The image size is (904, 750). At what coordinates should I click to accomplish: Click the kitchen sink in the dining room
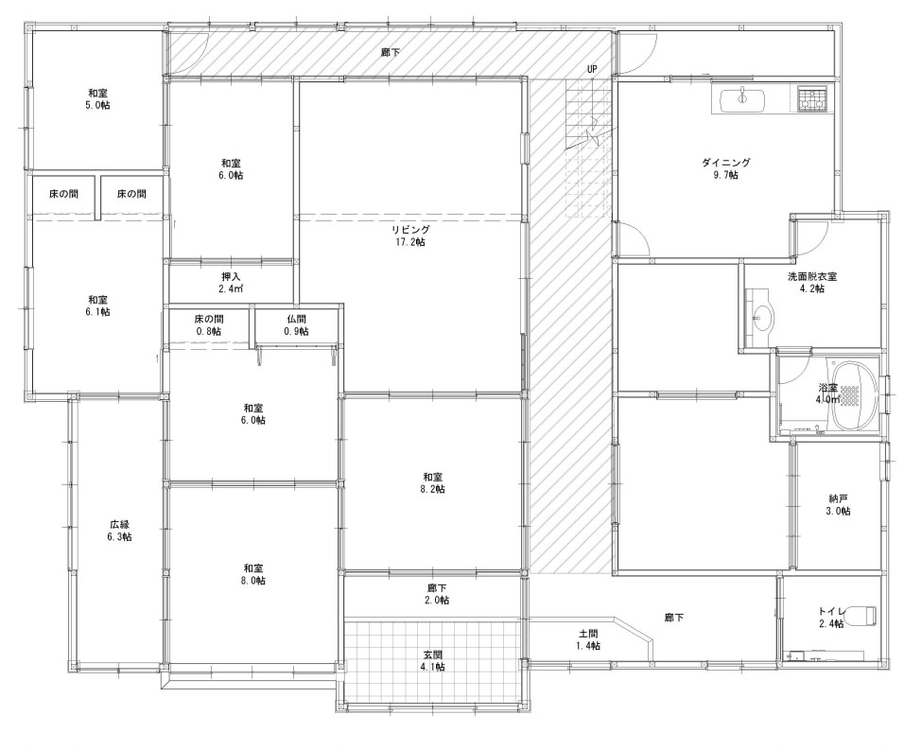(x=742, y=100)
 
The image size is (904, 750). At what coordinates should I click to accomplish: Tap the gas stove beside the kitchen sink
(x=813, y=98)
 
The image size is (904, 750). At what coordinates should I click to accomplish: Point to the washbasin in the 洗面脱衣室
(x=760, y=318)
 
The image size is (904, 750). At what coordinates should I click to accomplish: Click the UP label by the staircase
(x=592, y=69)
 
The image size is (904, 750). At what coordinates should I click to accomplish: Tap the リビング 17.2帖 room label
(x=410, y=235)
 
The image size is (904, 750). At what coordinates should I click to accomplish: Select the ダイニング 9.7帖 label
(x=726, y=169)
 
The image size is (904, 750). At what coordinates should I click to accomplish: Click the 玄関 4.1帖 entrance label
(x=433, y=661)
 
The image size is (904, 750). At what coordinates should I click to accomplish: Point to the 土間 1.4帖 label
(x=588, y=639)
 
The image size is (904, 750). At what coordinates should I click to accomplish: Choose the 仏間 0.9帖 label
(x=296, y=325)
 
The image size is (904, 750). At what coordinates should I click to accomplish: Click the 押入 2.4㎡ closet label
(x=231, y=283)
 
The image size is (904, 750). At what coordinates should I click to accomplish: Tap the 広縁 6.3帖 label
(x=120, y=531)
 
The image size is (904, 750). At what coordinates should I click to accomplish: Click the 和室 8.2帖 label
(x=433, y=483)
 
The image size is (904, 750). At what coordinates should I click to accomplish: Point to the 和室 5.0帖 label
(x=98, y=99)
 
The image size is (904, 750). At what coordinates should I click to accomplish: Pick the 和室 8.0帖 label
(x=253, y=574)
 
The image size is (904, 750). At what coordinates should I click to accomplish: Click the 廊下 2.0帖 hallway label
(x=437, y=594)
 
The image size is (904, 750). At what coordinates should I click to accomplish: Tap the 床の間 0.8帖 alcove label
(x=209, y=325)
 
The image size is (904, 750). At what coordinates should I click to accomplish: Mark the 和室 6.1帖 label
(x=98, y=305)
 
